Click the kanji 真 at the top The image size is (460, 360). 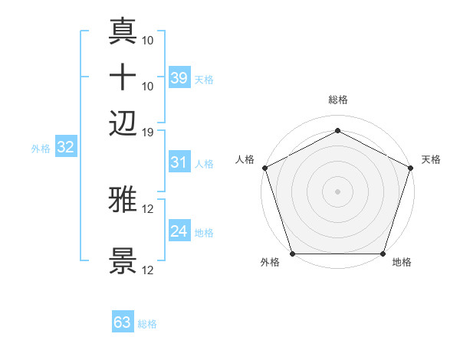coord(123,31)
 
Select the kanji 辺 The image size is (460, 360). coord(123,123)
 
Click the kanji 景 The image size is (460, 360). coord(123,261)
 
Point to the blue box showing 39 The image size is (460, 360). coord(179,78)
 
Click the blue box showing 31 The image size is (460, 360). coord(179,162)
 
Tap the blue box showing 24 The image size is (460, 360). coord(179,232)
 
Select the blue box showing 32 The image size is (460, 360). coord(65,148)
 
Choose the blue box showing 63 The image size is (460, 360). coord(122,322)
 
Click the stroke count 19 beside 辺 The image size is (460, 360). coord(148,132)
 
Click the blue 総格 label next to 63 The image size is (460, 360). coord(147,324)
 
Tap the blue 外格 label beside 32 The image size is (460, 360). coord(41,149)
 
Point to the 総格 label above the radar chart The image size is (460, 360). coord(337,100)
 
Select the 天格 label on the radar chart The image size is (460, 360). coord(431,159)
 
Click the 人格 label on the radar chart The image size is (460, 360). coord(245,159)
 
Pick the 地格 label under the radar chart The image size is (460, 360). coord(402,263)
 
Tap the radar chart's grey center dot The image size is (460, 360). coord(337,191)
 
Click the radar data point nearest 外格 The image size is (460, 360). coord(292,254)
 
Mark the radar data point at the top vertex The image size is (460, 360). coord(337,130)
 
